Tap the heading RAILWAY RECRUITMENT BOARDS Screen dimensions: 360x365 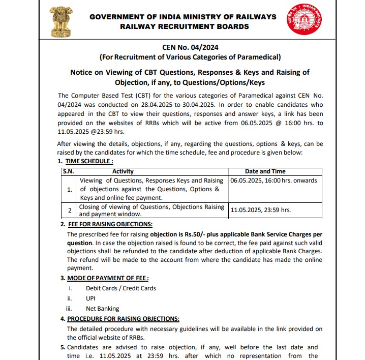[x=184, y=26]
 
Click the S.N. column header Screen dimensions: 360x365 [x=68, y=172]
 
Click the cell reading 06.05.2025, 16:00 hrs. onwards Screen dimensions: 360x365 [x=273, y=181]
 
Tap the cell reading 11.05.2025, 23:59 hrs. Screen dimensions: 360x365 [x=261, y=209]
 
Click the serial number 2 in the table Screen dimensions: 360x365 [x=70, y=210]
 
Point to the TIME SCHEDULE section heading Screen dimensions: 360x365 [x=87, y=161]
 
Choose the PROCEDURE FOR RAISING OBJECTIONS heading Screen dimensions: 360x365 [x=124, y=319]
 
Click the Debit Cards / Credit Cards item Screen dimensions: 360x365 [x=121, y=288]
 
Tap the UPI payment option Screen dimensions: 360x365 [x=91, y=298]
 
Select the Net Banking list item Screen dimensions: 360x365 [x=102, y=309]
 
